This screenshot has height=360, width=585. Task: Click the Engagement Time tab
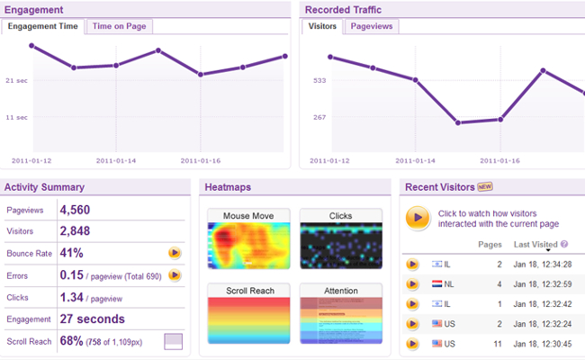pos(43,26)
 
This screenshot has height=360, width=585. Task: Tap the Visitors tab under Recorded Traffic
pos(322,26)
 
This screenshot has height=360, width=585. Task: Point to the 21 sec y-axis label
pos(16,80)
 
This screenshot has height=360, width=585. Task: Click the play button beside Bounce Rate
pos(175,253)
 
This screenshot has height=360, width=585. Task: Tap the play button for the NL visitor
pos(412,284)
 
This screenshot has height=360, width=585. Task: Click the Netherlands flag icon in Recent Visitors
pos(437,284)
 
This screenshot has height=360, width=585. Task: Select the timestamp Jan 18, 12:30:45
pos(543,343)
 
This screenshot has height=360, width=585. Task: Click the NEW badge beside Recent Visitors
pos(485,187)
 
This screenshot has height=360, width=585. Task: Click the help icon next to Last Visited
pos(564,244)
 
